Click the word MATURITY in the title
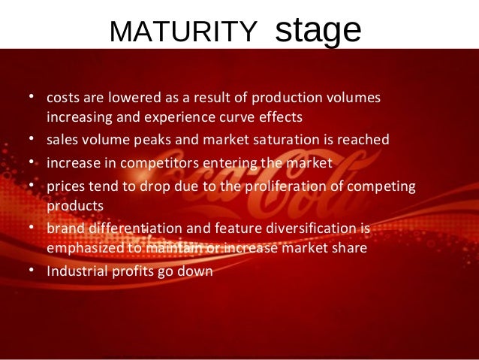coord(182,32)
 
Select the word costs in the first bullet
coord(63,98)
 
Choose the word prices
coord(65,185)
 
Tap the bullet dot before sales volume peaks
coord(32,140)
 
